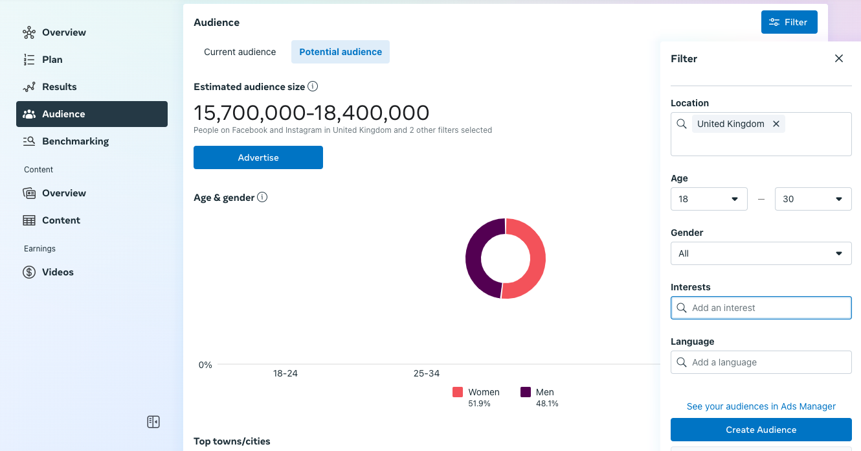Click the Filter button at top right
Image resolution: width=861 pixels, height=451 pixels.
pos(789,22)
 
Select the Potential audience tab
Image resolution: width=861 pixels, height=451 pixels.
pos(341,52)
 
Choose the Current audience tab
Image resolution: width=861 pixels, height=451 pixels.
pos(240,52)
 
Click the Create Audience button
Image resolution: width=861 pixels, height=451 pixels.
pos(761,430)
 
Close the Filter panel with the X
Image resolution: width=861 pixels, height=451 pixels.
pos(839,58)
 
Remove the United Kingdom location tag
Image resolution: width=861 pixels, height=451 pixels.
pos(776,124)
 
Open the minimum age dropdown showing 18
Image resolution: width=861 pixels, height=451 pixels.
pos(709,199)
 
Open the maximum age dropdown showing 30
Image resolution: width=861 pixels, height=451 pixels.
pos(812,199)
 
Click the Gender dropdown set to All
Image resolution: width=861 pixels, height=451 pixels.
pos(761,253)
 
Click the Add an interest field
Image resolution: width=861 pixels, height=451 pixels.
pos(761,308)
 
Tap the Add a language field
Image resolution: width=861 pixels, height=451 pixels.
pos(761,362)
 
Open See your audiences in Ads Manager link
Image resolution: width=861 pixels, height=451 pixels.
pos(761,406)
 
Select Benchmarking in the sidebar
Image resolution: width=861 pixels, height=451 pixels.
pos(75,141)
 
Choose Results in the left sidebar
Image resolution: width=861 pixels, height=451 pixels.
pos(59,87)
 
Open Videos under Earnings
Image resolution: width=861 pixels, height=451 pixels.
pos(58,272)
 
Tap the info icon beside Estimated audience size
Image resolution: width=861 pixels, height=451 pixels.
pos(313,86)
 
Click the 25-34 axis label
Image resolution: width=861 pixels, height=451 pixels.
pos(427,373)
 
